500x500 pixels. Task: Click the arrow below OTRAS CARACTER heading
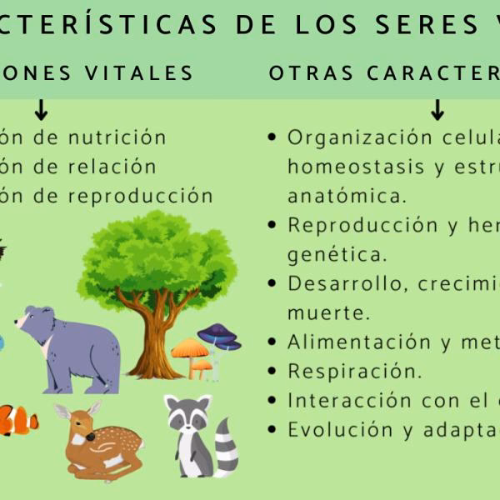(437, 109)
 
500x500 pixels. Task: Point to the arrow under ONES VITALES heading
(41, 109)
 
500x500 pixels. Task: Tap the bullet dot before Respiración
(272, 371)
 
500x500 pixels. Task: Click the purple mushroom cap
(219, 335)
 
